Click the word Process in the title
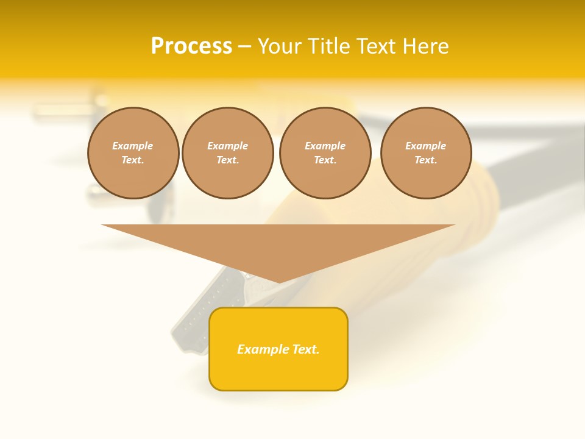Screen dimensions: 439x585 click(x=191, y=46)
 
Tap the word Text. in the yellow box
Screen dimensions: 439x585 click(x=306, y=349)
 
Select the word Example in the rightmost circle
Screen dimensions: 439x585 click(x=425, y=146)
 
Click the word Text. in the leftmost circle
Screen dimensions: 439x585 click(x=133, y=160)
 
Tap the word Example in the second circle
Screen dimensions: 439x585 click(x=227, y=146)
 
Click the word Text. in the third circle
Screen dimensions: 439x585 click(x=325, y=160)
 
